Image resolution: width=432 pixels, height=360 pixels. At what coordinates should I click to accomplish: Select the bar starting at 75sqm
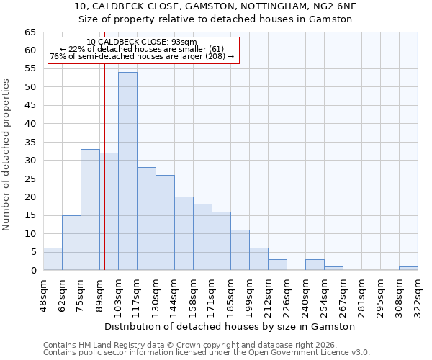point(90,210)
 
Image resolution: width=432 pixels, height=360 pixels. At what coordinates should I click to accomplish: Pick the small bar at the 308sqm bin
point(408,268)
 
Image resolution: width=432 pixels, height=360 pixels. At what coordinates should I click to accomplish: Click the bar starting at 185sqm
point(240,250)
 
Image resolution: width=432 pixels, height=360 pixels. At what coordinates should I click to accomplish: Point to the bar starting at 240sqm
point(315,264)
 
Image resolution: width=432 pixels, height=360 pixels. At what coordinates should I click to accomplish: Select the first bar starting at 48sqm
point(53,259)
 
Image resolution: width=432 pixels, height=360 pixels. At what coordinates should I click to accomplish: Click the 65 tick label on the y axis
point(30,32)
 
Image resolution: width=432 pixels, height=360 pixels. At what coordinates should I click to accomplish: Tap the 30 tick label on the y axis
point(30,161)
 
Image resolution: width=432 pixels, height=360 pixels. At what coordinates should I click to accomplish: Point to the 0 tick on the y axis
point(32,271)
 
